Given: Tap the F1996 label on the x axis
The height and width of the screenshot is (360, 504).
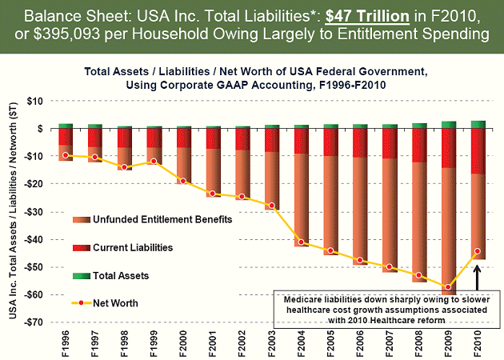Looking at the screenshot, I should click(x=66, y=340).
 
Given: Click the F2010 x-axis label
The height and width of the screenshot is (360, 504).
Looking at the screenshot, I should click(x=478, y=340).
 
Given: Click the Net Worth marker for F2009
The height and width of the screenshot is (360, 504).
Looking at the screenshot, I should click(x=450, y=287).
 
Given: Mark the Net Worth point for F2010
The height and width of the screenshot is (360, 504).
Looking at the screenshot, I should click(x=477, y=251).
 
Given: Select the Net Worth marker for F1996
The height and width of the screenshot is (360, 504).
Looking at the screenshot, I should click(x=66, y=155).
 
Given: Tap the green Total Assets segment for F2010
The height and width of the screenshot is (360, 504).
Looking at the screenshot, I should click(x=477, y=124).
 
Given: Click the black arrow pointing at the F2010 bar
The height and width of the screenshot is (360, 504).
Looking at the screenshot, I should click(x=477, y=276).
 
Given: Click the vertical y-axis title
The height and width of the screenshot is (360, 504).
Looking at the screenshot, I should click(x=13, y=212).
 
